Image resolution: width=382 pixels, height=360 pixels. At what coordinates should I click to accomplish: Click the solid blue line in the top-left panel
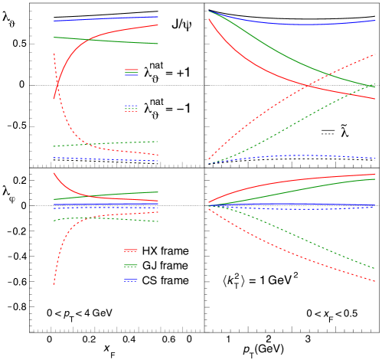pos(107,18)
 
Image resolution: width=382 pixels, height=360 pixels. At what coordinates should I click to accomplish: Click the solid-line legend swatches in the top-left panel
pos(132,72)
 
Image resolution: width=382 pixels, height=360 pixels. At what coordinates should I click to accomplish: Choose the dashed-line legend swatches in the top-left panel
pos(132,108)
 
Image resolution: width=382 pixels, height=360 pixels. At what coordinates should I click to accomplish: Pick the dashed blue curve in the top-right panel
pos(291,155)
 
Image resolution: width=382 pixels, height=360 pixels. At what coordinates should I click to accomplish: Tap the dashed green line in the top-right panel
pos(291,122)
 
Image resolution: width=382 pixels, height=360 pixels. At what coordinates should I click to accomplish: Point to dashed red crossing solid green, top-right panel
pos(328,74)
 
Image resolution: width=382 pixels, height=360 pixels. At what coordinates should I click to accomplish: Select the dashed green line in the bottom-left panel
pos(107,219)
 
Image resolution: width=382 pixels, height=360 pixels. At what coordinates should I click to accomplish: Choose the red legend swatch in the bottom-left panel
pos(131,250)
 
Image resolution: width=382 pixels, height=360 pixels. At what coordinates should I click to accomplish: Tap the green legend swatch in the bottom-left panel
pos(131,266)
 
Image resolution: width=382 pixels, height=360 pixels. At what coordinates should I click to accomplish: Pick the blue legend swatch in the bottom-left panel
pos(131,280)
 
